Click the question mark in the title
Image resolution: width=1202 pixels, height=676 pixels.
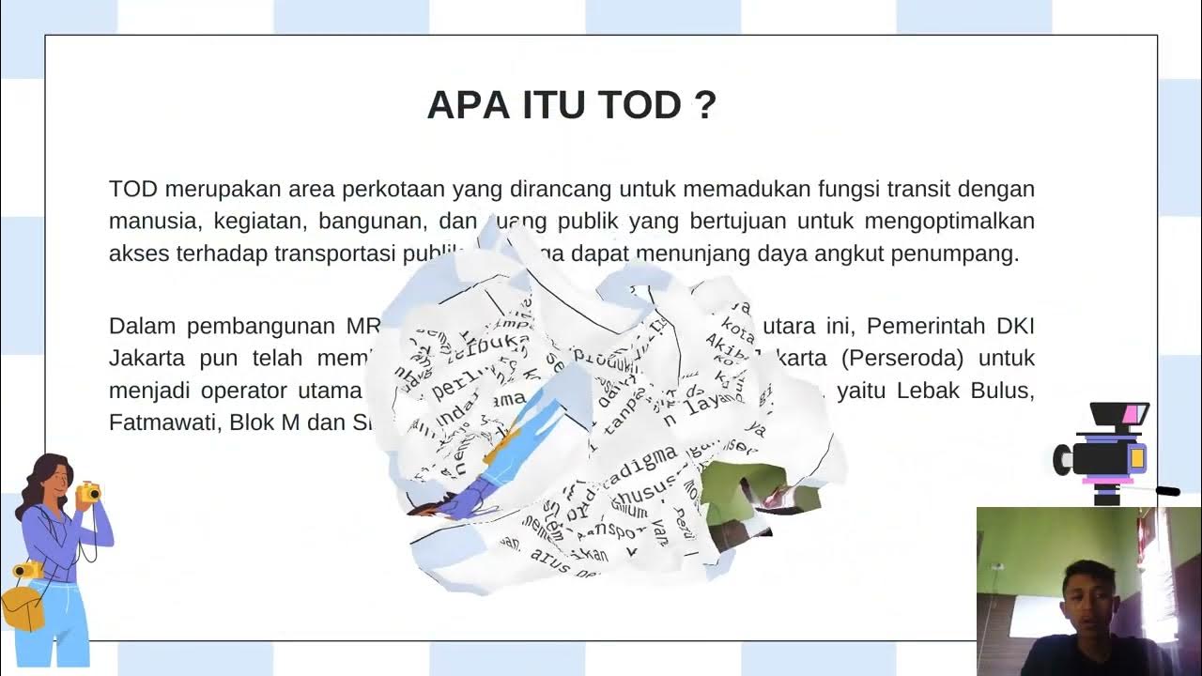[x=707, y=105]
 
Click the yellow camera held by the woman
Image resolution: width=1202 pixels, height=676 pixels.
[x=88, y=491]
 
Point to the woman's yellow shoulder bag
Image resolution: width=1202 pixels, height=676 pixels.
[x=23, y=606]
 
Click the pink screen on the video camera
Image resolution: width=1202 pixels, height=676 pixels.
[x=1134, y=413]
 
